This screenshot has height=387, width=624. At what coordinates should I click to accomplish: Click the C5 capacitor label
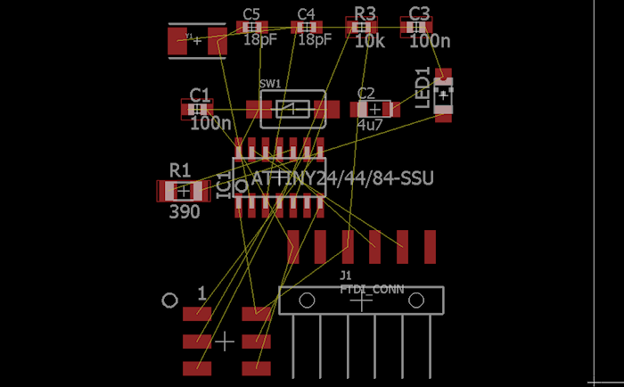pyautogui.click(x=250, y=13)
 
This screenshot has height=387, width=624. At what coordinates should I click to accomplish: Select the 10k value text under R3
pyautogui.click(x=370, y=40)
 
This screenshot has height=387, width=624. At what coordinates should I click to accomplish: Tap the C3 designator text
pyautogui.click(x=419, y=12)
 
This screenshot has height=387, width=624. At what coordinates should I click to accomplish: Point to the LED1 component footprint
pyautogui.click(x=443, y=94)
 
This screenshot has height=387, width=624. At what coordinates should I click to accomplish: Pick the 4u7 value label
pyautogui.click(x=370, y=125)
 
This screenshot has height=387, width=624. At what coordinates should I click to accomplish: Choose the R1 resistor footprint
pyautogui.click(x=183, y=190)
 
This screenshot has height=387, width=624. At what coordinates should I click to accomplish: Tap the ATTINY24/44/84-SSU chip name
pyautogui.click(x=342, y=178)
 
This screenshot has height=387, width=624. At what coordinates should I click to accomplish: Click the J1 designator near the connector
pyautogui.click(x=347, y=276)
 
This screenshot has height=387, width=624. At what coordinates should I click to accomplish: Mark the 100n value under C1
pyautogui.click(x=210, y=124)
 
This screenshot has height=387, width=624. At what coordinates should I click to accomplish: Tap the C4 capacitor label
pyautogui.click(x=306, y=13)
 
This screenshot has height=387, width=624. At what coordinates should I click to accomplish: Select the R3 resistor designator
pyautogui.click(x=365, y=12)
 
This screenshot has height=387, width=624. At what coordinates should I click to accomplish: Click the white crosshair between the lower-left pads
pyautogui.click(x=226, y=341)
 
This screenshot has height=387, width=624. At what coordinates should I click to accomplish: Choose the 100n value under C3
pyautogui.click(x=430, y=40)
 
